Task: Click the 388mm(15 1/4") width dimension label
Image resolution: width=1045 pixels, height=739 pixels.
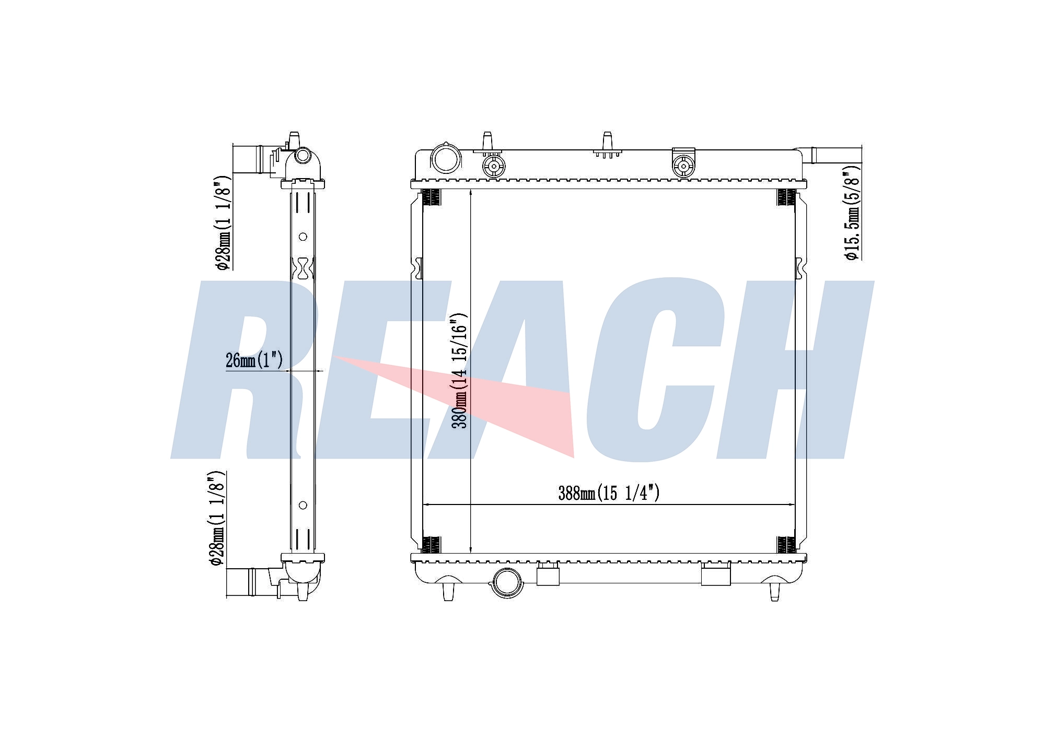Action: point(609,493)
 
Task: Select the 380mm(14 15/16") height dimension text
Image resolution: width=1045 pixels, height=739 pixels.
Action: point(460,371)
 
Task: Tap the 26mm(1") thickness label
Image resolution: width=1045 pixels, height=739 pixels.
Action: point(254,360)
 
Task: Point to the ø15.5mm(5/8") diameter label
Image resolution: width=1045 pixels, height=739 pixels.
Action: point(852,212)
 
